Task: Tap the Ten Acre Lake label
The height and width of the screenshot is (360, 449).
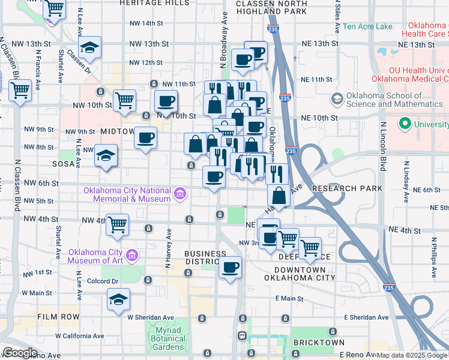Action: (367, 27)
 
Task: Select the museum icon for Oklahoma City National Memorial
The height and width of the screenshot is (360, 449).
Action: (179, 193)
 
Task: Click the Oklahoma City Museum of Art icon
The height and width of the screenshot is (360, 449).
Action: (133, 256)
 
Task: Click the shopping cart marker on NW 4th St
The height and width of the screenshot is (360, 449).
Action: (118, 224)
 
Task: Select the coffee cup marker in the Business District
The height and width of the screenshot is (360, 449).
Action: (230, 267)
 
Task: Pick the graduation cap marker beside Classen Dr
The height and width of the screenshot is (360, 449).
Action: (90, 48)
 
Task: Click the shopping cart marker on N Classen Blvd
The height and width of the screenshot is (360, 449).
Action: (20, 91)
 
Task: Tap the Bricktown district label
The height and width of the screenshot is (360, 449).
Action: (319, 343)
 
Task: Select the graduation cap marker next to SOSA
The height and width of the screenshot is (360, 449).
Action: (106, 155)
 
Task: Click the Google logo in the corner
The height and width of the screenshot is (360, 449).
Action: (19, 353)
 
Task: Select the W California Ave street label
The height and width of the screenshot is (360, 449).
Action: (79, 336)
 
